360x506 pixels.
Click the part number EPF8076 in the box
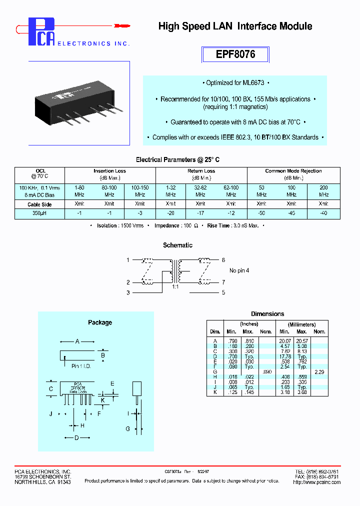coord(235,54)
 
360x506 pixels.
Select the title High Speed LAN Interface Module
coord(235,26)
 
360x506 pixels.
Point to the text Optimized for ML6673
coord(235,83)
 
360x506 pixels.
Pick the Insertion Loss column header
coord(109,171)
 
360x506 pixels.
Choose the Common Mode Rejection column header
coord(293,171)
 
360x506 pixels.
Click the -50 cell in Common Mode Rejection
coord(261,213)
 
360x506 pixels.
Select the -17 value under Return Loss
coord(200,213)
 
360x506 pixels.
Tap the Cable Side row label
coord(40,204)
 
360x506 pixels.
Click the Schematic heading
coord(177,245)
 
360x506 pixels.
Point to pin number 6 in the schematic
coord(223,260)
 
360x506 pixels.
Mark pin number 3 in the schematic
coord(128,292)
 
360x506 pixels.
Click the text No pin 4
coord(239,270)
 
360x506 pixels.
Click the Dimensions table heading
coord(267,314)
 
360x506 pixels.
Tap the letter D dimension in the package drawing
coord(76,438)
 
